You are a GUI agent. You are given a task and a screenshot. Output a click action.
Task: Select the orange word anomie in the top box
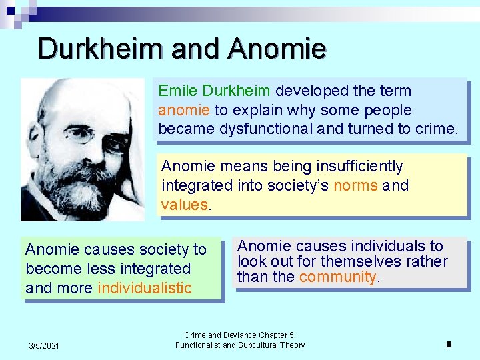tap(184, 110)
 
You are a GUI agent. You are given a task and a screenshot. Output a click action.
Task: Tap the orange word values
tap(185, 205)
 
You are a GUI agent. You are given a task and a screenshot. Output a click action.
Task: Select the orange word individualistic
tap(145, 288)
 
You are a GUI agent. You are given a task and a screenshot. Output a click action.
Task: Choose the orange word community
tap(338, 277)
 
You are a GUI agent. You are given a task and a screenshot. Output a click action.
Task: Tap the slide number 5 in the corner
tap(449, 344)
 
